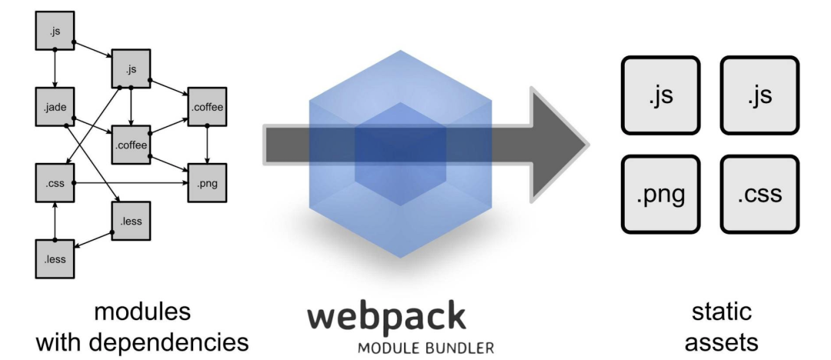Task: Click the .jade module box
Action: point(55,108)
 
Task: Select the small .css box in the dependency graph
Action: point(55,183)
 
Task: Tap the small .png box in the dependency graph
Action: point(207,184)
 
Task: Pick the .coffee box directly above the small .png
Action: point(207,107)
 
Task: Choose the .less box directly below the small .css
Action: point(55,258)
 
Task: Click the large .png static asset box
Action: point(661,195)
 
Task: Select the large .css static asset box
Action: point(759,195)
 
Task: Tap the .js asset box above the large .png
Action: point(661,95)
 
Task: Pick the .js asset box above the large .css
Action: point(759,95)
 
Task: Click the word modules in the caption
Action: point(142,313)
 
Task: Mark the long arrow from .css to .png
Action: point(123,184)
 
